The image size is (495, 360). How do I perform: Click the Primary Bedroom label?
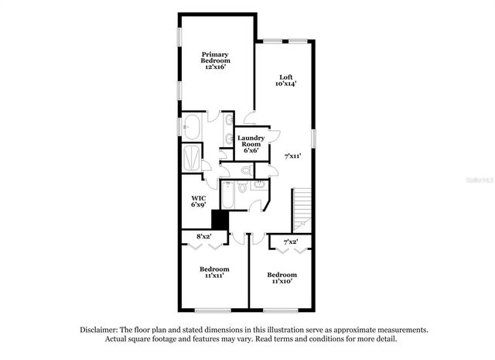click(215, 57)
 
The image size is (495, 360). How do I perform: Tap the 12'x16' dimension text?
click(215, 67)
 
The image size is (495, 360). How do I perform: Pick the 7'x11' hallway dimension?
click(292, 156)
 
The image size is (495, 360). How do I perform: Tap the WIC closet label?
click(198, 198)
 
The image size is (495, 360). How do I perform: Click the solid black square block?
click(220, 220)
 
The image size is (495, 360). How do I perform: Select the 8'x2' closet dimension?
click(204, 235)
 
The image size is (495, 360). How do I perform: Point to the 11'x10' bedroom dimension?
click(282, 282)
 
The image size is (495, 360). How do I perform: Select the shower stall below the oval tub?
click(190, 158)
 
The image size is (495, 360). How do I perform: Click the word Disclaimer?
click(103, 329)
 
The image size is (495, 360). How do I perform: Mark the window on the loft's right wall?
click(315, 136)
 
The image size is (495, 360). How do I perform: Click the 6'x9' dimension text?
click(198, 205)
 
